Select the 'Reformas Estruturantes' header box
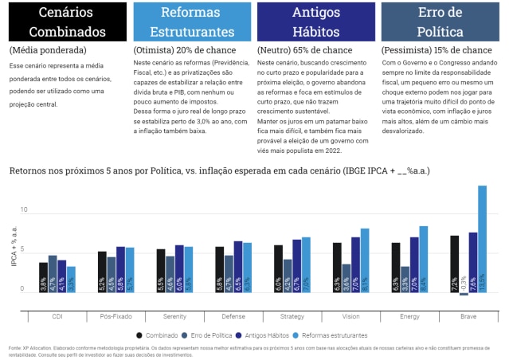point(191,22)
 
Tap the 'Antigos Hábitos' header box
point(316,22)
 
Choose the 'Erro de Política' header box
point(440,22)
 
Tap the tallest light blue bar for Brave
point(482,239)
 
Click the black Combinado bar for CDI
point(44,277)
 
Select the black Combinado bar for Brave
point(454,264)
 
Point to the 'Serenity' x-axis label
point(174,316)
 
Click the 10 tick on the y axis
point(25,210)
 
